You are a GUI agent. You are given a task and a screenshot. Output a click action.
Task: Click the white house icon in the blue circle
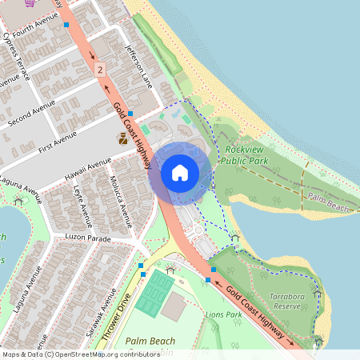(x=180, y=172)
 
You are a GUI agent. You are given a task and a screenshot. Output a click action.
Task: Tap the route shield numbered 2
(x=99, y=70)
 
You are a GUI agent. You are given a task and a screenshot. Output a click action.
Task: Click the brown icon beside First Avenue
(x=122, y=138)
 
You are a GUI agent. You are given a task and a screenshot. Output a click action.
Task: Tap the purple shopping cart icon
(x=30, y=2)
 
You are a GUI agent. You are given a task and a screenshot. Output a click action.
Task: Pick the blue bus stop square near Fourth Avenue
(x=66, y=25)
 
